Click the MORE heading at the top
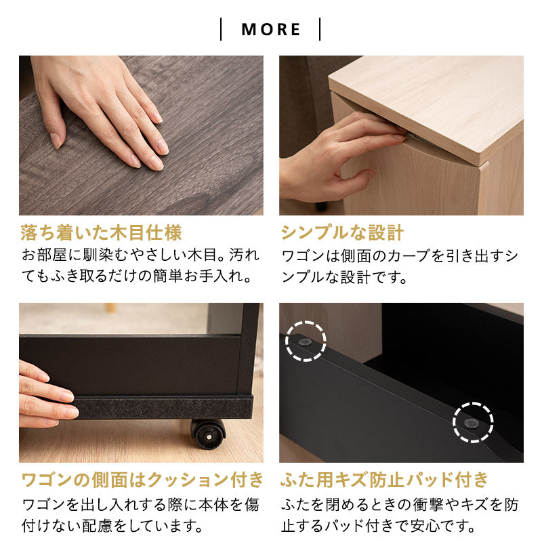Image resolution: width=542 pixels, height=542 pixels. pyautogui.click(x=270, y=29)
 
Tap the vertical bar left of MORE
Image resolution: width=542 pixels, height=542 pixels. pyautogui.click(x=221, y=29)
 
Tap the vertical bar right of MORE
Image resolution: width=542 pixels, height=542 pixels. pyautogui.click(x=320, y=29)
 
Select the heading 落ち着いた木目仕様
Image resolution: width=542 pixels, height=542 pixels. pyautogui.click(x=101, y=232)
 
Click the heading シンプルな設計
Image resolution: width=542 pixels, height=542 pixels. pyautogui.click(x=342, y=232)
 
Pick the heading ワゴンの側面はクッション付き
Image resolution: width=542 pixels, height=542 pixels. pyautogui.click(x=142, y=480)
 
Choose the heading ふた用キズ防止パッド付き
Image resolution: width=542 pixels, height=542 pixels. pyautogui.click(x=384, y=480)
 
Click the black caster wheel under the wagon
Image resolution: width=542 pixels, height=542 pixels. pyautogui.click(x=208, y=434)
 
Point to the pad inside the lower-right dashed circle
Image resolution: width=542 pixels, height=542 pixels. pyautogui.click(x=471, y=423)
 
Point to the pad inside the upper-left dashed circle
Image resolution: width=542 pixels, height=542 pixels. pyautogui.click(x=304, y=342)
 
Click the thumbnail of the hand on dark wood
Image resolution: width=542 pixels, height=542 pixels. pyautogui.click(x=141, y=135)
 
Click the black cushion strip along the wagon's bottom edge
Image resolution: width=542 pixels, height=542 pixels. pyautogui.click(x=163, y=407)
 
